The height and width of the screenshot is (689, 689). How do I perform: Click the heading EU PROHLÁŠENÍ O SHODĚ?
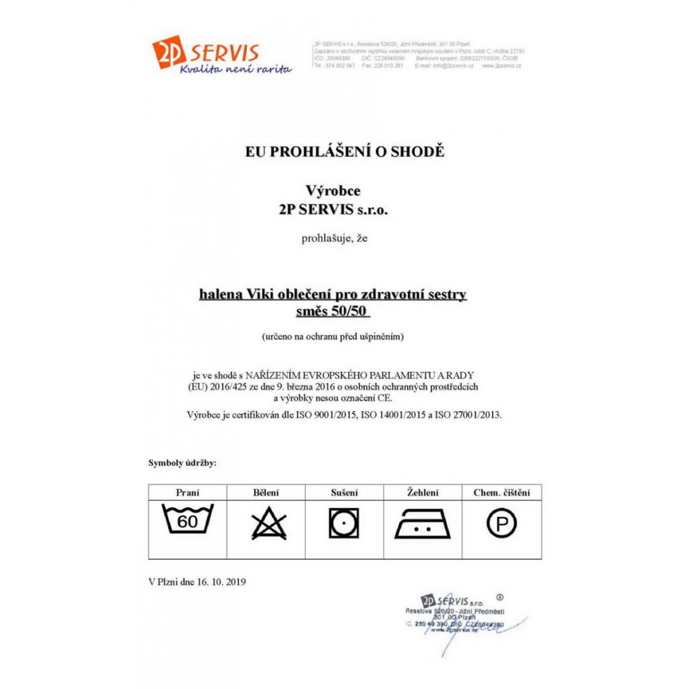coord(344,151)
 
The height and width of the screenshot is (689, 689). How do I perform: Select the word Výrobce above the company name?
coord(333,192)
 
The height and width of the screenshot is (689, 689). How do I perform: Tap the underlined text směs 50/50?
coord(333,312)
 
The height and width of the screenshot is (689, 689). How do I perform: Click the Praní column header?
coord(188,493)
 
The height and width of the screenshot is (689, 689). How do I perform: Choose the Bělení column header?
coord(266,493)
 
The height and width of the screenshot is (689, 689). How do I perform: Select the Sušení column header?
coord(344,493)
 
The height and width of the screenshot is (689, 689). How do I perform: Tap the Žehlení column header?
coord(423,493)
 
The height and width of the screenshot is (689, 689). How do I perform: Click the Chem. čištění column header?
coord(502,493)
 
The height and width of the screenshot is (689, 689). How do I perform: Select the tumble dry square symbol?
coord(344,523)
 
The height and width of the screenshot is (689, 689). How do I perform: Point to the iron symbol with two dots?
coord(423,524)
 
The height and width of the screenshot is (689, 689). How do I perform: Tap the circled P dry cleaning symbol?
coord(501,523)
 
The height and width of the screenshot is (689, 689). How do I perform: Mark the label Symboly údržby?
coord(182,463)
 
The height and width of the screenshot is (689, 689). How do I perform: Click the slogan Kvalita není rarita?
coord(235,69)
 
